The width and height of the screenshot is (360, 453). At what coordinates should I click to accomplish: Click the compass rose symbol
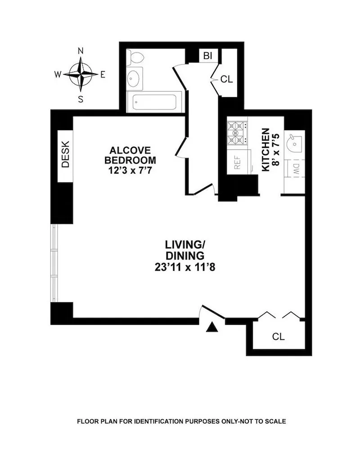click(x=81, y=75)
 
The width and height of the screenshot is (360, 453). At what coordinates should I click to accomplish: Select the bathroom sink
click(x=135, y=79)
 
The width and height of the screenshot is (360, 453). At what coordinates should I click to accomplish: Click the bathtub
click(x=154, y=102)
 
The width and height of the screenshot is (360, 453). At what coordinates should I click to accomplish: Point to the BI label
click(x=207, y=56)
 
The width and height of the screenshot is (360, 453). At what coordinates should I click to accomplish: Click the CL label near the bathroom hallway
click(x=227, y=79)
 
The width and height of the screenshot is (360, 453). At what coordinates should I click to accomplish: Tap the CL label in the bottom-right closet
click(x=279, y=336)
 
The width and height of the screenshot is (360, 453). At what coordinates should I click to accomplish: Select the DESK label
click(x=65, y=155)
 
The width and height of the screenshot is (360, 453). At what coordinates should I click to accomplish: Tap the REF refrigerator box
click(x=238, y=161)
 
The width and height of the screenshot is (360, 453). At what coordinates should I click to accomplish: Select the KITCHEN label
click(x=265, y=149)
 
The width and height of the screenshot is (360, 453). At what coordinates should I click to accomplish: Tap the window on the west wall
click(x=54, y=263)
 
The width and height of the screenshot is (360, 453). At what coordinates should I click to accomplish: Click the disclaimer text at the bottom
click(x=181, y=422)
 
